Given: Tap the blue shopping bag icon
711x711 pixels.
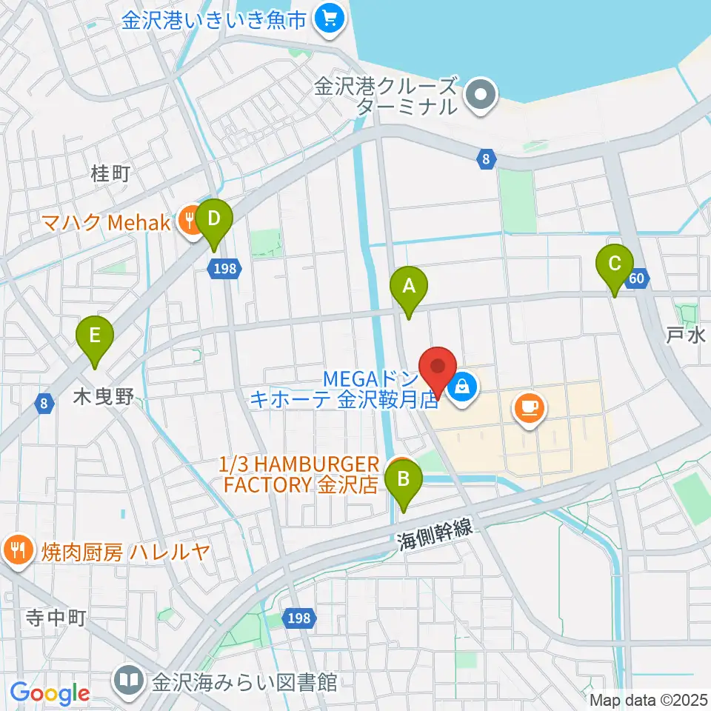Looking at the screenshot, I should pyautogui.click(x=463, y=386).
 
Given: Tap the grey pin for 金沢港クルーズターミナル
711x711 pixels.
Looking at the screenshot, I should pyautogui.click(x=481, y=96).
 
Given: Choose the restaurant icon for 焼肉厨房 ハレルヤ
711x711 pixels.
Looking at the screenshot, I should pyautogui.click(x=17, y=550).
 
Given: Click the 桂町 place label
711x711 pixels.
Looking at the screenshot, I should pyautogui.click(x=110, y=173).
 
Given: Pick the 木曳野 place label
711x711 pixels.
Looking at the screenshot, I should pyautogui.click(x=104, y=398).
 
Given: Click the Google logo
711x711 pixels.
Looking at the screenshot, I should pyautogui.click(x=50, y=693).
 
